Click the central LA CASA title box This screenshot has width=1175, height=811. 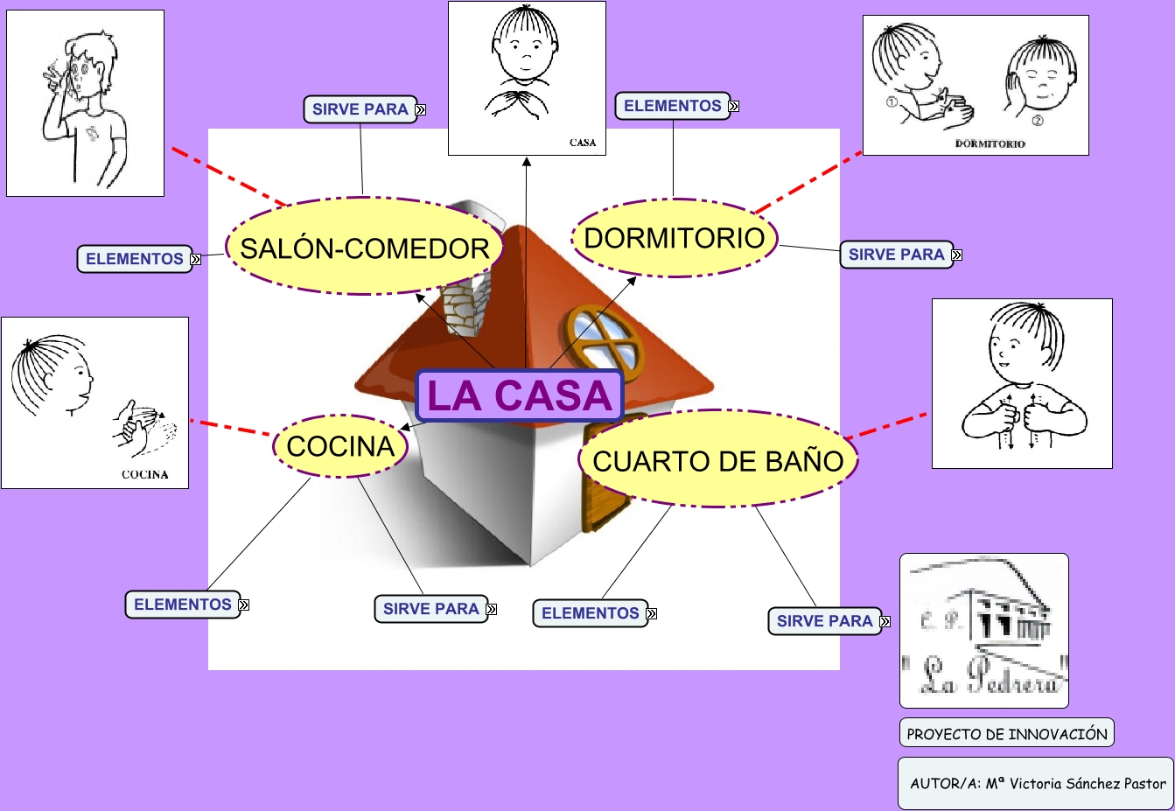(x=520, y=395)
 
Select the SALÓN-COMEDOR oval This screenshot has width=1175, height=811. (x=364, y=248)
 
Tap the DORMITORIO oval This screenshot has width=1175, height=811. (x=674, y=238)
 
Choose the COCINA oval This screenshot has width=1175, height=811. (x=340, y=446)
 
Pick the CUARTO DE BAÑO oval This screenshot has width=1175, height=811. (x=717, y=460)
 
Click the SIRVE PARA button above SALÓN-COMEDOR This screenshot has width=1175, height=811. (x=360, y=109)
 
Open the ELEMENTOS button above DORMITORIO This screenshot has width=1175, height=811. (x=672, y=106)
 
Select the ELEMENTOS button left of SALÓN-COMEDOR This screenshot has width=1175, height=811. (x=135, y=259)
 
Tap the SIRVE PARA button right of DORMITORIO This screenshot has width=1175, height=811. (x=896, y=255)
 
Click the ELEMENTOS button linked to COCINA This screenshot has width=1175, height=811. (x=183, y=605)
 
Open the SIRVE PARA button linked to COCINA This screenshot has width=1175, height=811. (x=431, y=609)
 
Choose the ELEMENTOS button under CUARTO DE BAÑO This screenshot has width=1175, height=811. (x=590, y=613)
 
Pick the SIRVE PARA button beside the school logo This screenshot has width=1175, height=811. (x=824, y=621)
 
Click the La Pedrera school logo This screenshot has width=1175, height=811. (x=984, y=630)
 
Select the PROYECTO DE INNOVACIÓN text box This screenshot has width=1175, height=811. (x=1006, y=733)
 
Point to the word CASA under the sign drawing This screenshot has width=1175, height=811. (x=583, y=143)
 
